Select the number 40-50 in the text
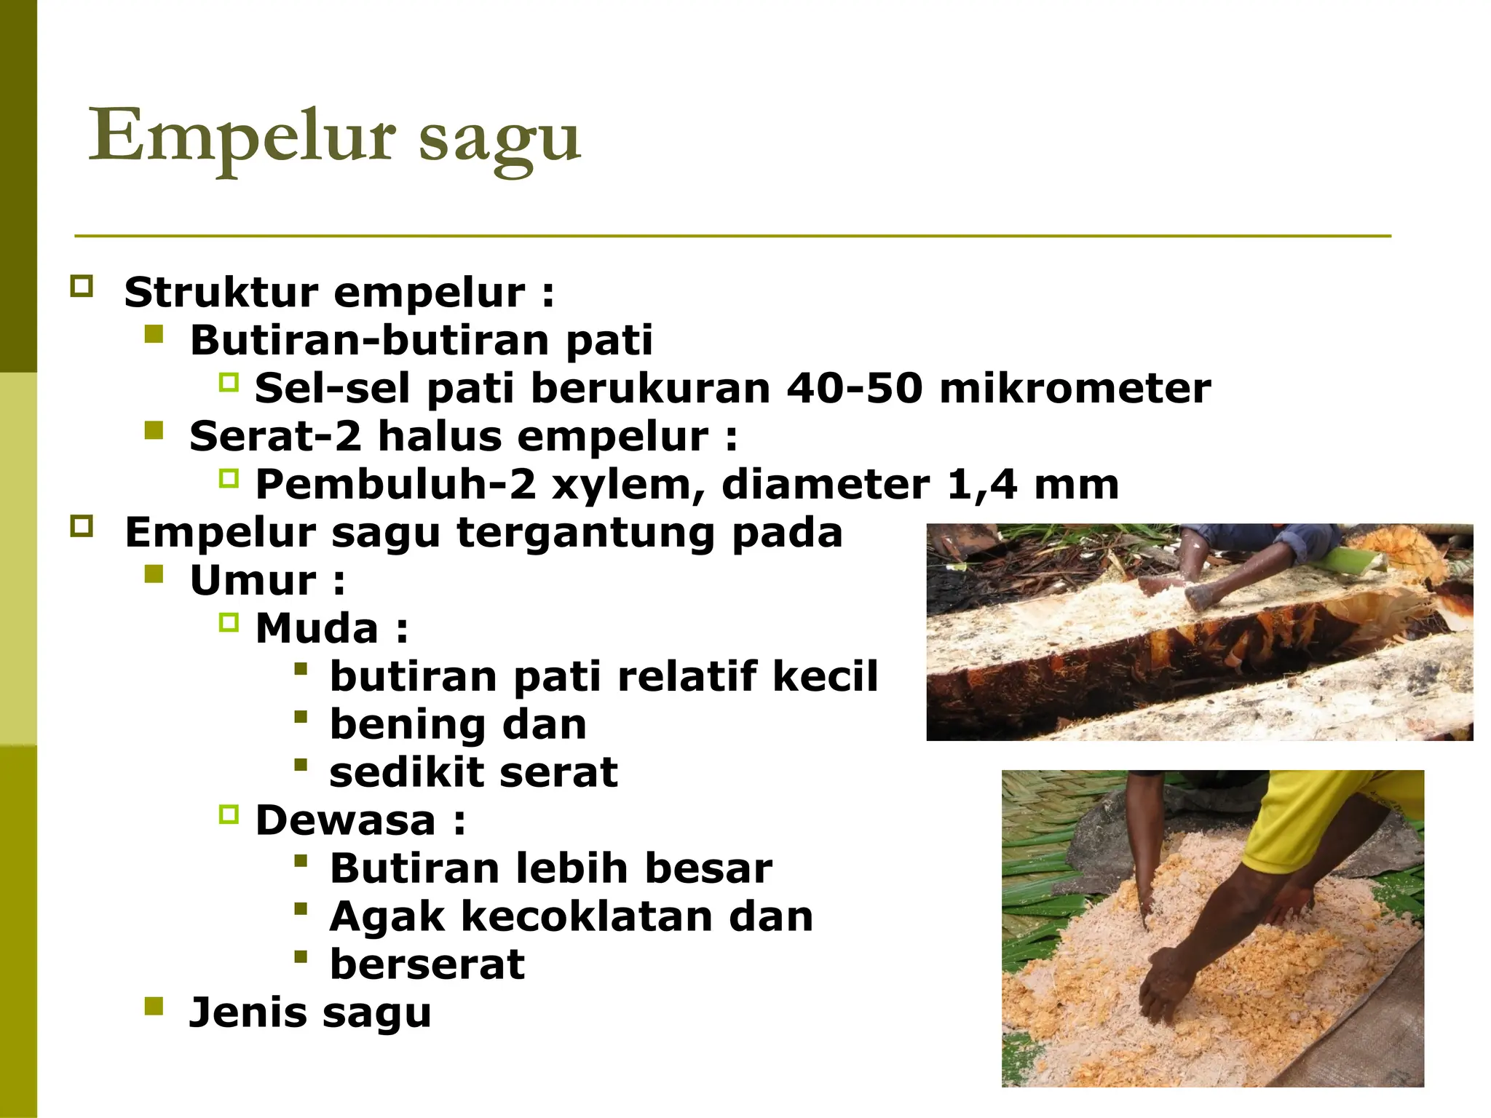pyautogui.click(x=855, y=388)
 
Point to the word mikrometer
pyautogui.click(x=1075, y=388)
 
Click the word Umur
pyautogui.click(x=253, y=581)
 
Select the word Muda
pyautogui.click(x=317, y=628)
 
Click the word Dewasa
pyautogui.click(x=345, y=820)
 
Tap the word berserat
pyautogui.click(x=427, y=964)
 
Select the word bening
pyautogui.click(x=406, y=725)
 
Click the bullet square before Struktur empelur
pyautogui.click(x=82, y=286)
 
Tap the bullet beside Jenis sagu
pyautogui.click(x=154, y=1007)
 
